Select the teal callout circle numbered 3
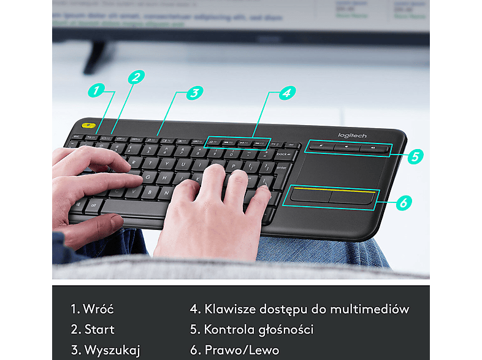[x=193, y=93]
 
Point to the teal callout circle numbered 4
[x=285, y=93]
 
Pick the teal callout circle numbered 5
[x=415, y=156]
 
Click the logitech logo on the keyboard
[x=353, y=136]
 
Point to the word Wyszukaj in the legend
[x=112, y=350]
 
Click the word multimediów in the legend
[x=373, y=309]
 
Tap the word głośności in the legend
[x=283, y=329]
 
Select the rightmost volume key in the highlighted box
[x=372, y=148]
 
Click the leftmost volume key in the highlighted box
[x=320, y=146]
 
